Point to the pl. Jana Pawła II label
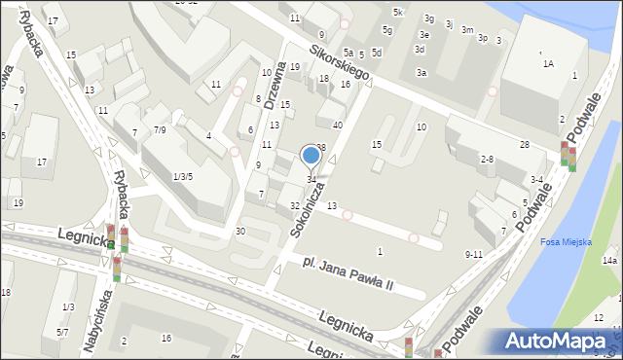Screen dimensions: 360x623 (x=347, y=272)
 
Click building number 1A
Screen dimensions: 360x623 (x=548, y=63)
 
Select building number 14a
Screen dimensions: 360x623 (x=609, y=261)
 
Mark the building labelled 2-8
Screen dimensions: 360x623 (x=487, y=159)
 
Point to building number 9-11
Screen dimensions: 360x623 (x=474, y=254)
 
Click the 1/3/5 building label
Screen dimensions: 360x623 (x=182, y=176)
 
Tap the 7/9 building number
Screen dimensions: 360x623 (x=160, y=129)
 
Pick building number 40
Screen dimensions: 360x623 (x=337, y=125)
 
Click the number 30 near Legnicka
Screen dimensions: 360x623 (x=239, y=231)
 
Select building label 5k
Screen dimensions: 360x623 (x=397, y=12)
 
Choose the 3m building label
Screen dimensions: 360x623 (x=467, y=30)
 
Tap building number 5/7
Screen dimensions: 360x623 (x=61, y=332)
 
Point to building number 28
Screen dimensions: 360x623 (x=524, y=144)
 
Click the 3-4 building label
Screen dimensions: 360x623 (x=536, y=179)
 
